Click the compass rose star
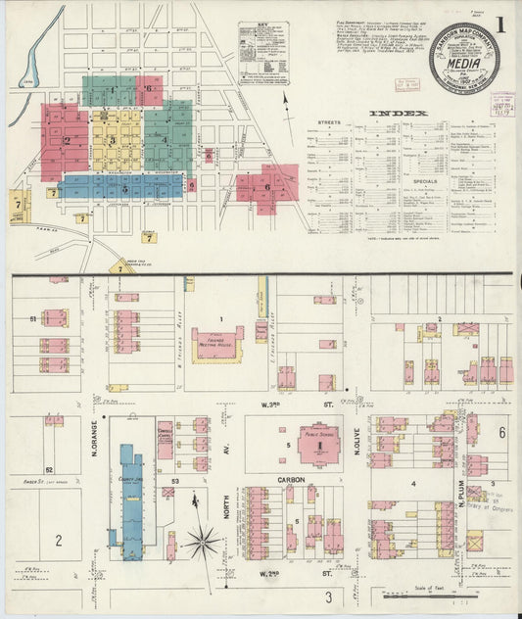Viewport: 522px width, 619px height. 203,538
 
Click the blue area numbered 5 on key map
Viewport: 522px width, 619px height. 121,187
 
